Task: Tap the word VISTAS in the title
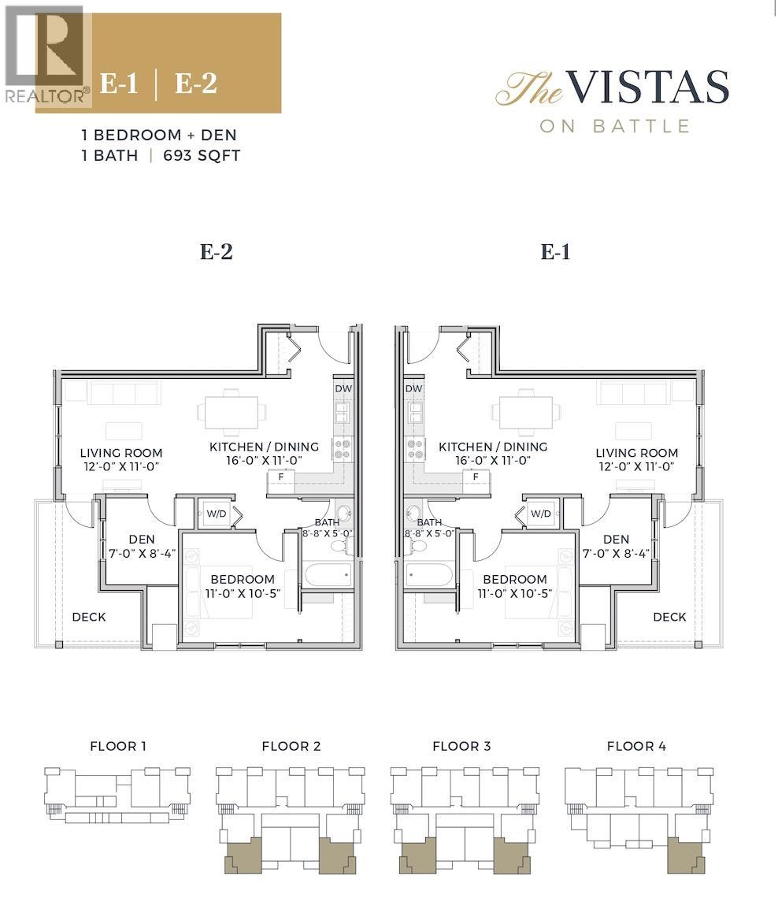[646, 87]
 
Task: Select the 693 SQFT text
[202, 155]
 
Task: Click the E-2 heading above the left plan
[217, 252]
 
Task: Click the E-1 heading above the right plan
[555, 252]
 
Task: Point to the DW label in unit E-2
[343, 388]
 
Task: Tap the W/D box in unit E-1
[540, 514]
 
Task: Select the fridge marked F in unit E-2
[281, 477]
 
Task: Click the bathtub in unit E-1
[430, 573]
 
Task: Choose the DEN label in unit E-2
[143, 540]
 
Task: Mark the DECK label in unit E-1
[669, 617]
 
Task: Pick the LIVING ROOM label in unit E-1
[636, 453]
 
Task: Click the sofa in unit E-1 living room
[633, 392]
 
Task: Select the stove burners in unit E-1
[415, 449]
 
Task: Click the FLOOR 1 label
[118, 746]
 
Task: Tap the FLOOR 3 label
[461, 746]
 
